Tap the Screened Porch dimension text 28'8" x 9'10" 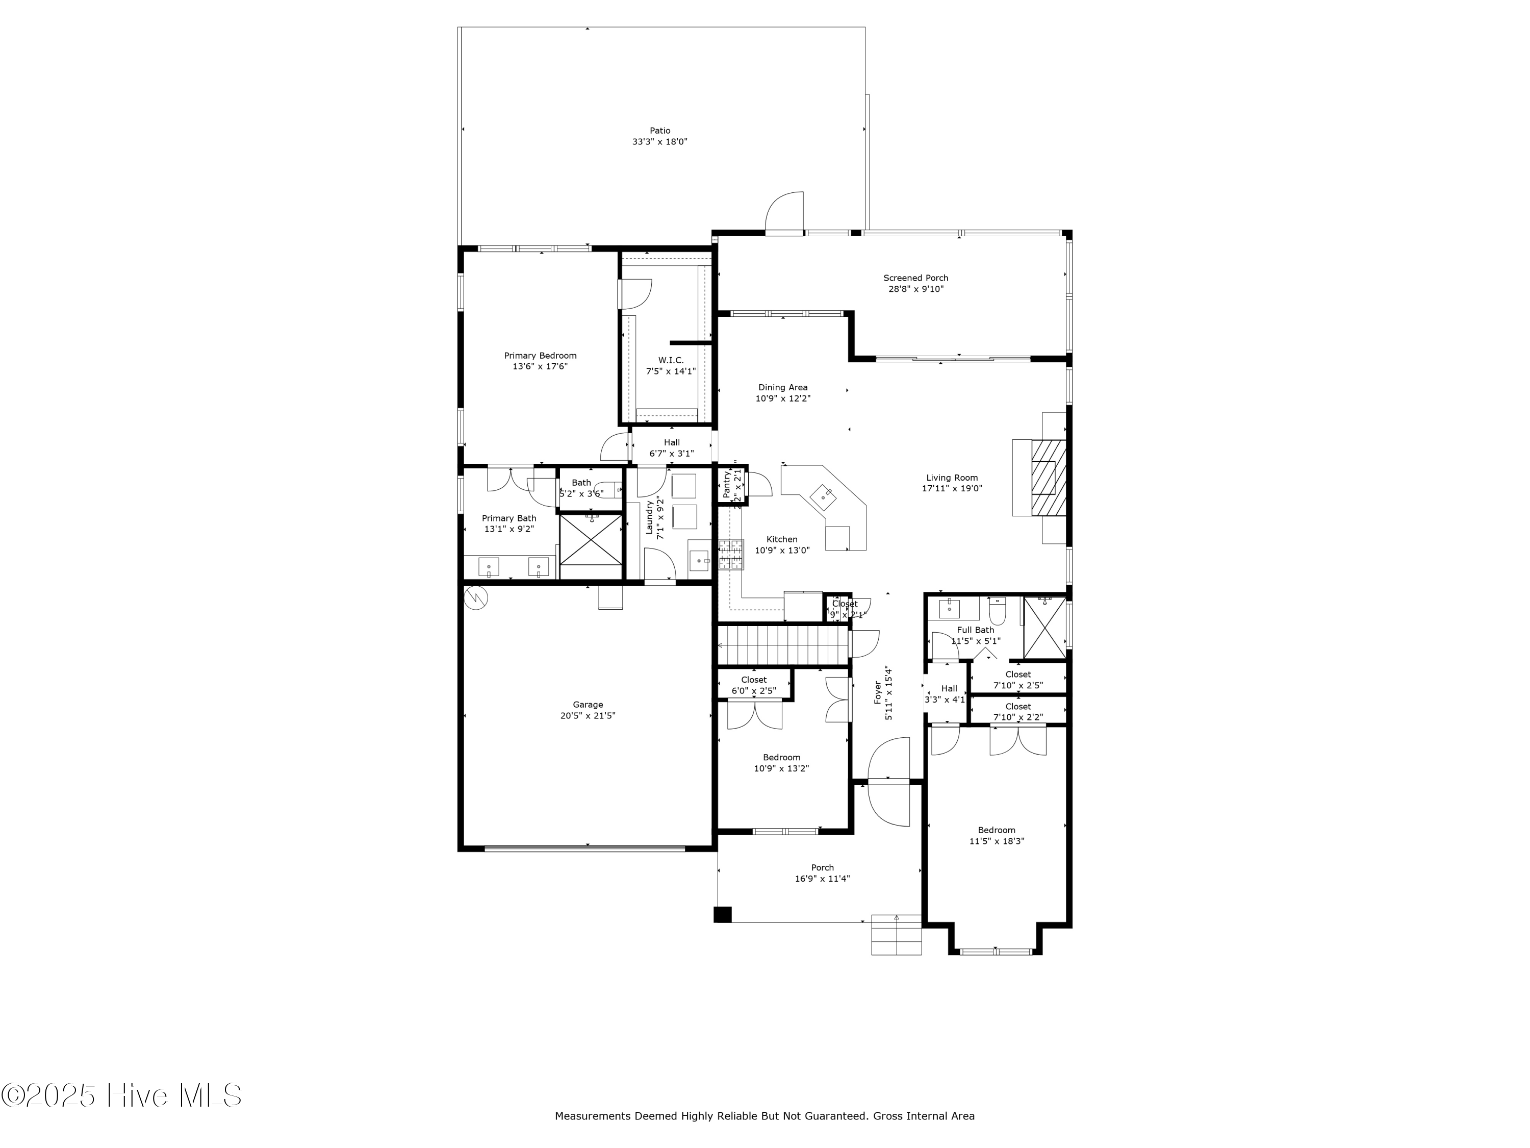point(916,289)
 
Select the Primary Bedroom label point(540,356)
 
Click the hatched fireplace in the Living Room point(1048,478)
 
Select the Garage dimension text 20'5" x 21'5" point(587,715)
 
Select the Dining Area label point(782,387)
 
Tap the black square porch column point(722,914)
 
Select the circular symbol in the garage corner point(476,598)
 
